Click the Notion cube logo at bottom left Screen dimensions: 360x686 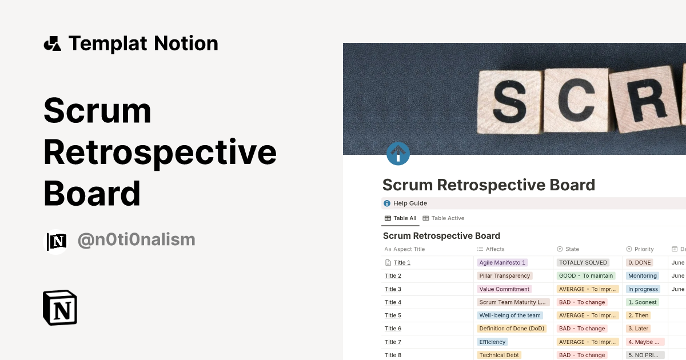coord(60,307)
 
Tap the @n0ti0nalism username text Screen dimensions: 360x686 coord(136,239)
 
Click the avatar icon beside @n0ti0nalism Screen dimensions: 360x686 coord(57,242)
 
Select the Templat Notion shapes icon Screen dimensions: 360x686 coord(53,43)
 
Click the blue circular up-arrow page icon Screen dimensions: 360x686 coord(398,154)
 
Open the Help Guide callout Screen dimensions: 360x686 coord(410,203)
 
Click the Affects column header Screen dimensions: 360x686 coord(495,249)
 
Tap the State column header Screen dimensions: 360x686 coord(572,249)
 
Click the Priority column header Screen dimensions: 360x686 coord(644,249)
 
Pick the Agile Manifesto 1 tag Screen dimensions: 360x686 coord(502,263)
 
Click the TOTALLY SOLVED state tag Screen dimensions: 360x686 coord(583,263)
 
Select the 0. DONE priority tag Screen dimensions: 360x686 coord(639,263)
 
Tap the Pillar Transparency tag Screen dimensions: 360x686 coord(505,276)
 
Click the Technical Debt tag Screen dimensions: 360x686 coord(499,355)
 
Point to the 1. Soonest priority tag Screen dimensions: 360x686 coord(643,302)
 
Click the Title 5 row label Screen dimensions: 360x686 coord(393,315)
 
